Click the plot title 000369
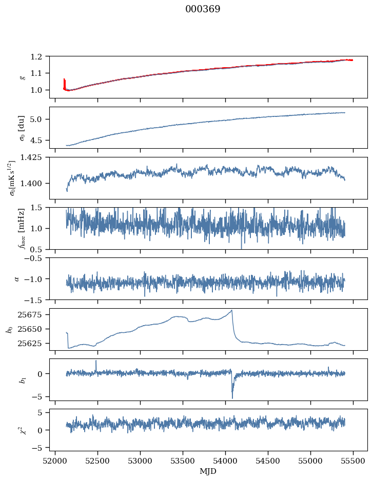coord(203,9)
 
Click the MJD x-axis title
coord(208,471)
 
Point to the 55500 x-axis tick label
coord(353,460)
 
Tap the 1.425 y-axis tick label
coord(35,157)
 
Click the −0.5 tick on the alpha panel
coord(37,258)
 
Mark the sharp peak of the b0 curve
coord(232,310)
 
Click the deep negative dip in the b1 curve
coord(232,397)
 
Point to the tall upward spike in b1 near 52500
coord(95,361)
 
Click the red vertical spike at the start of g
coord(64,83)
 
